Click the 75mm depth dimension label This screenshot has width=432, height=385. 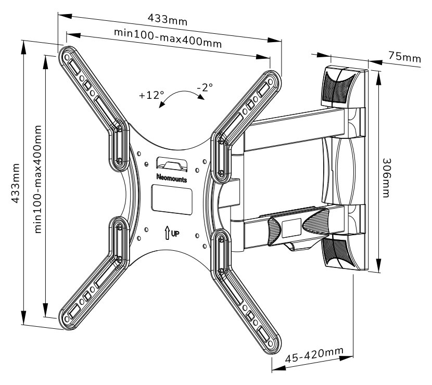tap(404, 57)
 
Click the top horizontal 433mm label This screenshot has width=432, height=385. tap(167, 19)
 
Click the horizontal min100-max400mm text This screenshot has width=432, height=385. tap(168, 38)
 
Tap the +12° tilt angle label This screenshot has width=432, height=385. tap(151, 95)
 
